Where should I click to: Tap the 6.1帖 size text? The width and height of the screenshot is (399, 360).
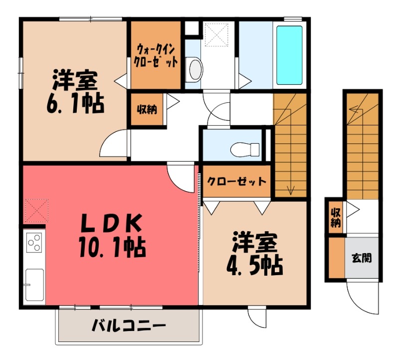[x=76, y=103]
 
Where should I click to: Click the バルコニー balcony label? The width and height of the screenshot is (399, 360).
[x=128, y=327]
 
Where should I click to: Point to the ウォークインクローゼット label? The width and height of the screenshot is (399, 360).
[x=156, y=56]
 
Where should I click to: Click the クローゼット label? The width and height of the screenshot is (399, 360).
[x=236, y=182]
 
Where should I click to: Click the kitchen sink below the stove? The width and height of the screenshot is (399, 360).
[x=34, y=285]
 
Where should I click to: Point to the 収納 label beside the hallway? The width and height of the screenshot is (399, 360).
[x=147, y=108]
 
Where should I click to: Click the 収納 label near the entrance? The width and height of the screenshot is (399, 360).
[x=335, y=217]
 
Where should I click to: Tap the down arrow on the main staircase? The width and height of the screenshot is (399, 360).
[x=290, y=189]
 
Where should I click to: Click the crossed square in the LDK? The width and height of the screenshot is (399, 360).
[x=36, y=210]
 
